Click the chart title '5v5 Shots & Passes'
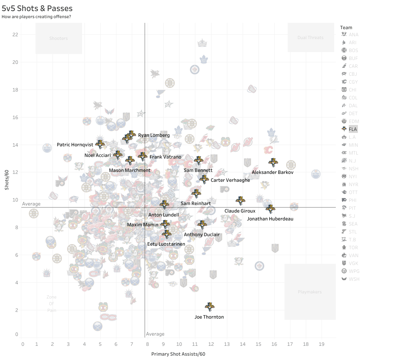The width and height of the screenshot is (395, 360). (x=37, y=8)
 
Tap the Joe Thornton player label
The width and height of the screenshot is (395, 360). (x=209, y=317)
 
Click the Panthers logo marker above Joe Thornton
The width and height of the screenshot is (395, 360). (x=210, y=306)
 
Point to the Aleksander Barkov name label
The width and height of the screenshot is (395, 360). (x=272, y=172)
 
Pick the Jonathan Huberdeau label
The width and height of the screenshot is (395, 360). (x=270, y=219)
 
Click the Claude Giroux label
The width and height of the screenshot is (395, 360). (x=240, y=211)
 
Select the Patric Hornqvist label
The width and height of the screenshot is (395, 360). (x=75, y=145)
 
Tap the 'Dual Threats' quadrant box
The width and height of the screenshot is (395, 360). (x=311, y=37)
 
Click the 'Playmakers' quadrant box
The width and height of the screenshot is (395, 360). (x=310, y=292)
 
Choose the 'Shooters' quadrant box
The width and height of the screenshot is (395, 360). (x=58, y=38)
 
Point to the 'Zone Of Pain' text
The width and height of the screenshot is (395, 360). (x=51, y=304)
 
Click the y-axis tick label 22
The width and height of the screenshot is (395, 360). (x=15, y=34)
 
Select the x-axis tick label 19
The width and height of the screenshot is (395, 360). (x=321, y=344)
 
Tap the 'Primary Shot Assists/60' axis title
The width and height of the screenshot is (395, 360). (x=178, y=354)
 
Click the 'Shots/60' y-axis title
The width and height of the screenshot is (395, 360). (x=7, y=179)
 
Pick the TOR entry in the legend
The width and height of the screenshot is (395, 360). (x=353, y=248)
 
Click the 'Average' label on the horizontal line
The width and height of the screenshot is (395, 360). (x=31, y=204)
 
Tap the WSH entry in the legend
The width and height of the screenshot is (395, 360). (x=354, y=279)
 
